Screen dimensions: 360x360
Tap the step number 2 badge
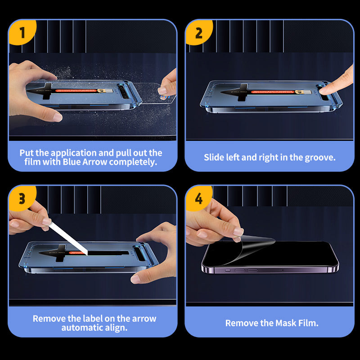[198, 32]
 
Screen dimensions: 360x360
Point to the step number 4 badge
[198, 198]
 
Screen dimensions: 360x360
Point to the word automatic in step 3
[81, 328]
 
